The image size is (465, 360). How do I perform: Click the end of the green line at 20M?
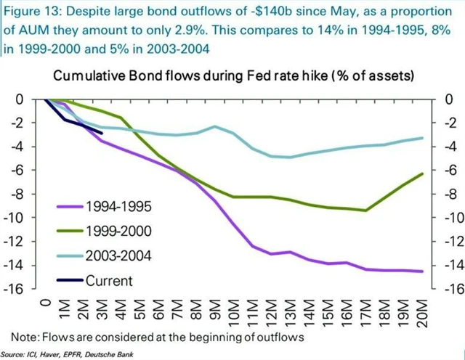pos(422,173)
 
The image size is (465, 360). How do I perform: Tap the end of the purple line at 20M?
pos(422,271)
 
